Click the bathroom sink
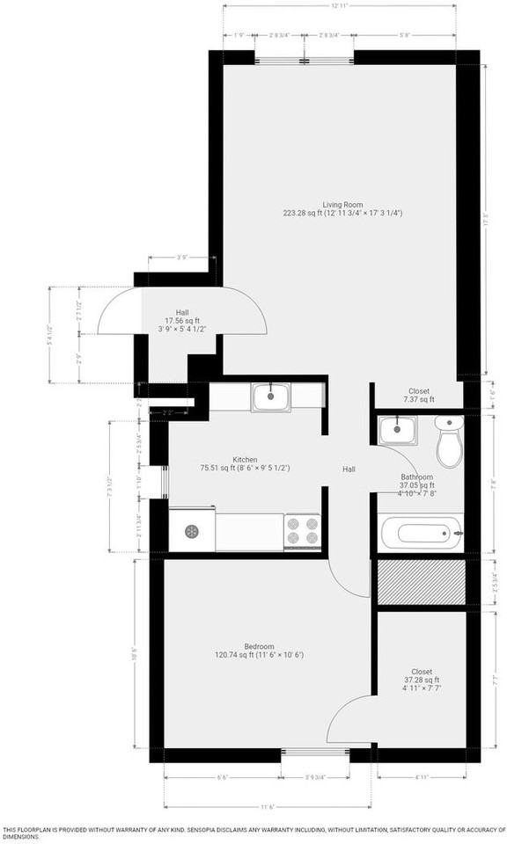click(400, 431)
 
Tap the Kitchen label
click(245, 459)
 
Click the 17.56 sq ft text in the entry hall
click(182, 322)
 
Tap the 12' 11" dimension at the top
click(342, 6)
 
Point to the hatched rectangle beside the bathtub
click(421, 581)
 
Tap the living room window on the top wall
click(305, 58)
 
